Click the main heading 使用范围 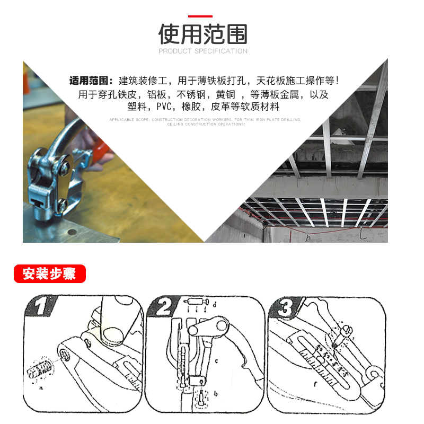pyautogui.click(x=203, y=34)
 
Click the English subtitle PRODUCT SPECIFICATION pyautogui.click(x=203, y=51)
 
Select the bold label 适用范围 pyautogui.click(x=91, y=82)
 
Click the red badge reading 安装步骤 pyautogui.click(x=49, y=274)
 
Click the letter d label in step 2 pyautogui.click(x=214, y=305)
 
